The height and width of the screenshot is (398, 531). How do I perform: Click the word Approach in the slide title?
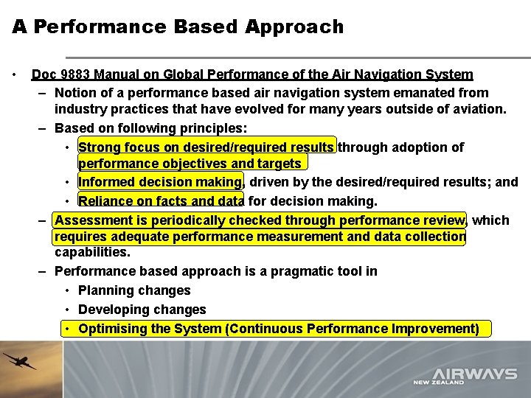point(294,27)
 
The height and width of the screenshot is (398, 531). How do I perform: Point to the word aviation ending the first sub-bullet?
point(480,110)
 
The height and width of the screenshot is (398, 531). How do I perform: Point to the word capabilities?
point(92,253)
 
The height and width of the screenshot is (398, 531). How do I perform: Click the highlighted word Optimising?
point(112,329)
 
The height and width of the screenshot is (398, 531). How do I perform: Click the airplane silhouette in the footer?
point(20,361)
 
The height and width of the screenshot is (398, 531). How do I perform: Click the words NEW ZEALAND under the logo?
point(438,383)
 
